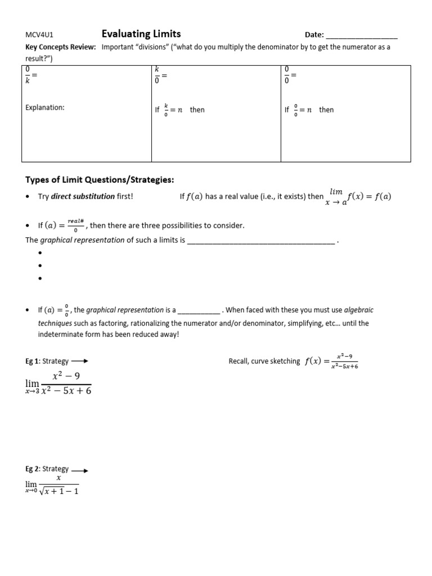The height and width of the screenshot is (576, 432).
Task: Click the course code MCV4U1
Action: click(38, 35)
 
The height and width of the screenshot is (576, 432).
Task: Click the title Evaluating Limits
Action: click(141, 34)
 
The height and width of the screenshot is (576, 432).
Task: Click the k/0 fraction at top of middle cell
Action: click(157, 75)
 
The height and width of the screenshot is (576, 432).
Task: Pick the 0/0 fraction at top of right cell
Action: click(287, 75)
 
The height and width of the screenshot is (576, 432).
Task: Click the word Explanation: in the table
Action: click(45, 107)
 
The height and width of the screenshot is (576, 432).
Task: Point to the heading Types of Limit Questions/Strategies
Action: click(100, 179)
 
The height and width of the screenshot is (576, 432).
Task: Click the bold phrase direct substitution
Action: click(83, 196)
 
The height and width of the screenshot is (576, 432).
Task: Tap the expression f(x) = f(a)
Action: click(369, 196)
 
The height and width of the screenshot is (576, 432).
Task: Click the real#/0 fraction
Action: click(76, 226)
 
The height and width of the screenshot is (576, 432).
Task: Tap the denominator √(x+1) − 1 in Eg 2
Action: click(59, 491)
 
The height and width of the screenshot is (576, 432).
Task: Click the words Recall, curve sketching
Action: click(264, 361)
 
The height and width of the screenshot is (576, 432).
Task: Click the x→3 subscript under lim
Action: click(33, 391)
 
